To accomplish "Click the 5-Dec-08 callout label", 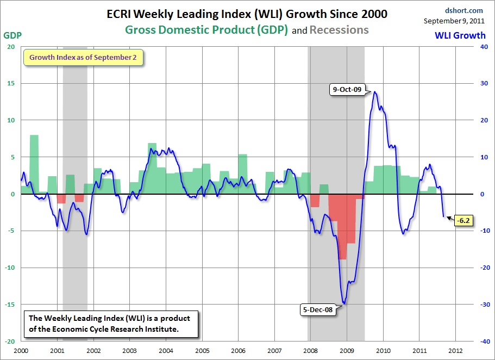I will point(318,309).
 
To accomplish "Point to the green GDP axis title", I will point(12,35).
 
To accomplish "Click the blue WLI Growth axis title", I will point(460,35).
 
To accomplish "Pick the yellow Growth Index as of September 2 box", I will point(83,57).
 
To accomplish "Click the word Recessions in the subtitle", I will point(339,30).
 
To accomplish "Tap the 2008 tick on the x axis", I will point(311,351).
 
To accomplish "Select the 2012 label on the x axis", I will point(456,351).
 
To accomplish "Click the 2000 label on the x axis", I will point(21,351).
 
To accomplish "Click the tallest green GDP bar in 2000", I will point(34,163).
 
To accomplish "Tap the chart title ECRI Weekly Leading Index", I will point(247,15).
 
